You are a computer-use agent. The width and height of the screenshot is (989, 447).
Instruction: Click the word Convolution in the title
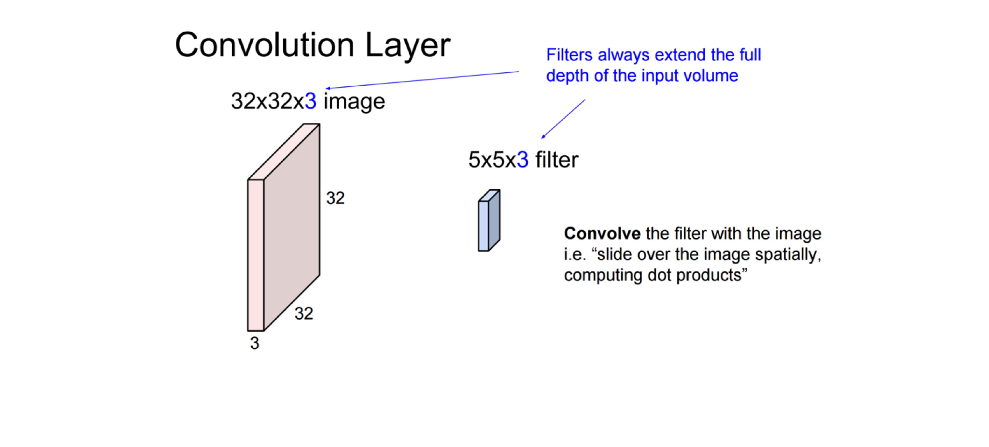point(264,45)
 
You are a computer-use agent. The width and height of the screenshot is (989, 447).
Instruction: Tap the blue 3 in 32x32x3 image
point(310,101)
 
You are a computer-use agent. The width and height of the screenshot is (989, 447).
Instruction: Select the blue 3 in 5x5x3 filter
point(522,160)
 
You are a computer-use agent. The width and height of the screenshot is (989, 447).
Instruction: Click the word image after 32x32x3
point(354,102)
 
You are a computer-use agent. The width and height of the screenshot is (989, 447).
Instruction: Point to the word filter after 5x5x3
point(557,160)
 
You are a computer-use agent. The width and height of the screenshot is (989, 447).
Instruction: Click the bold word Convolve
point(602,233)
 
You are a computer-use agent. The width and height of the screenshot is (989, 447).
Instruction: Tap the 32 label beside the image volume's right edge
point(335,198)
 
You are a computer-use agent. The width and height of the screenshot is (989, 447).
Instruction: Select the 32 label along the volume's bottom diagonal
point(304,314)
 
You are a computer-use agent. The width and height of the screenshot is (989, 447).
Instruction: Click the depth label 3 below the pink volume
point(254,343)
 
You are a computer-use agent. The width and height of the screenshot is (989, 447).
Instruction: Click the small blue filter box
point(489,220)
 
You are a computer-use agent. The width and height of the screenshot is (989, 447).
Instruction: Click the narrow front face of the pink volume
point(256,255)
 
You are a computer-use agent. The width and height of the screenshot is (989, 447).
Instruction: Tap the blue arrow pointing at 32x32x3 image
point(422,80)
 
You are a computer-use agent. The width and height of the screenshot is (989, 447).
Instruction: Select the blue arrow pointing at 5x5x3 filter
point(563,119)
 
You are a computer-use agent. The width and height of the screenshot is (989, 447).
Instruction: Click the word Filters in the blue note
point(569,55)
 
